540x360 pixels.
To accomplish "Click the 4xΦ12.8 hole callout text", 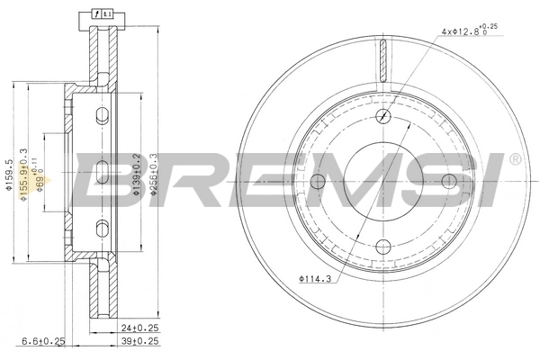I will pyautogui.click(x=468, y=31).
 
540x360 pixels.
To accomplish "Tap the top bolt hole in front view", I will pyautogui.click(x=384, y=115).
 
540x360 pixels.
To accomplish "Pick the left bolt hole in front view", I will pyautogui.click(x=318, y=182).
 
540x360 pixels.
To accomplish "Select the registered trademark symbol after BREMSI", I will pyautogui.click(x=514, y=159).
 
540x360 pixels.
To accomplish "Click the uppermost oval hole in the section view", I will pyautogui.click(x=102, y=114).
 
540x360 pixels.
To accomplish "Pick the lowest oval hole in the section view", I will pyautogui.click(x=102, y=224).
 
